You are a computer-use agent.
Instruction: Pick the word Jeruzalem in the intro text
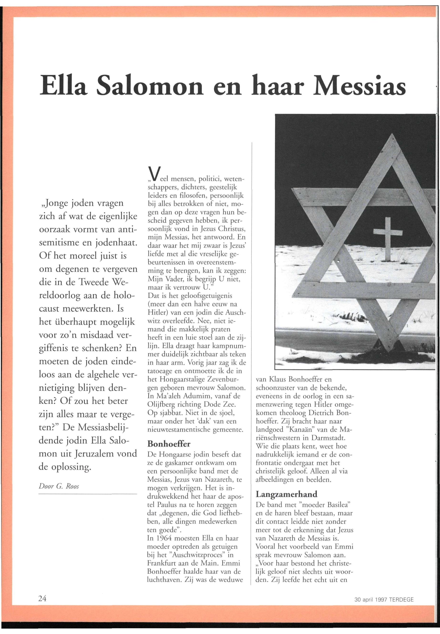(x=94, y=454)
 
